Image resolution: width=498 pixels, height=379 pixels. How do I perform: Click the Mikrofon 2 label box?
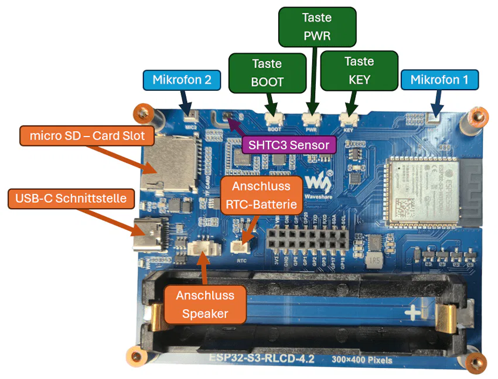tap(182, 80)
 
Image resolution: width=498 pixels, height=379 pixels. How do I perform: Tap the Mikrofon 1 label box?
tap(439, 80)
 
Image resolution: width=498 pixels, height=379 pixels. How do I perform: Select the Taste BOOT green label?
tap(267, 73)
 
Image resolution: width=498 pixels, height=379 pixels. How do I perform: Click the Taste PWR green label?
tap(317, 27)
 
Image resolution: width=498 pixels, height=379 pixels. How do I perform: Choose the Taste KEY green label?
tap(359, 70)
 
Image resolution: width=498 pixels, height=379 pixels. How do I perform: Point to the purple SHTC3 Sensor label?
tap(289, 145)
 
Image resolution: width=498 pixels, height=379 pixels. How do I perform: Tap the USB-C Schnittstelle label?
tap(71, 199)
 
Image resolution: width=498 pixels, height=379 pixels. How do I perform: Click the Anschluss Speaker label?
tap(204, 305)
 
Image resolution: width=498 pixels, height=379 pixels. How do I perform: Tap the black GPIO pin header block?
tap(305, 240)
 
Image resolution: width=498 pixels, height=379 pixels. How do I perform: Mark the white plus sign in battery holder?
tap(414, 313)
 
